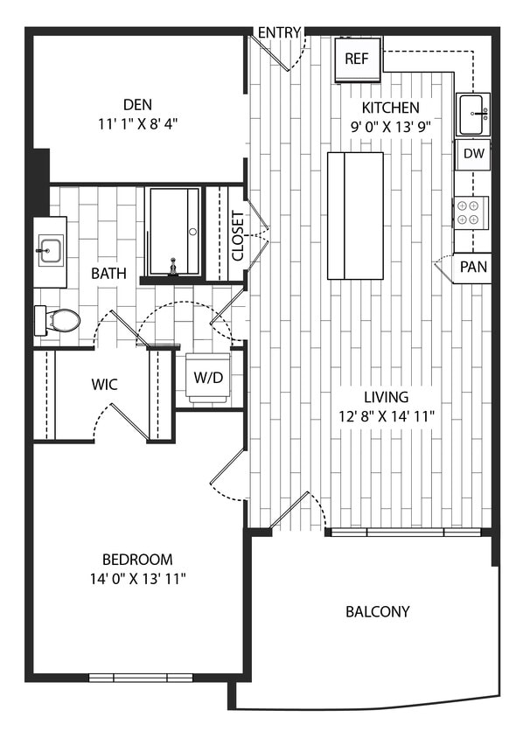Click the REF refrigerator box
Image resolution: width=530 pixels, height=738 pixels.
coord(357,59)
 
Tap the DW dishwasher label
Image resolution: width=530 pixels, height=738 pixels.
coord(473,154)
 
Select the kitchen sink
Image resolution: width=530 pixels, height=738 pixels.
coord(472,114)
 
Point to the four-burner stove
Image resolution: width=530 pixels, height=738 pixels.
coord(470,212)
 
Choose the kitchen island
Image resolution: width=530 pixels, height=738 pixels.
coord(354,214)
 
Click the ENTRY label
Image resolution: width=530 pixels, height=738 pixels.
coord(279,33)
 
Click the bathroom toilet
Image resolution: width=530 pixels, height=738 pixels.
coord(59,320)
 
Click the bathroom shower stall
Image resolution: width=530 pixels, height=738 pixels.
coord(173,230)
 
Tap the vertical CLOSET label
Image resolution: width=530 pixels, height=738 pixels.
coord(237,236)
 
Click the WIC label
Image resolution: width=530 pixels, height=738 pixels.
coord(105,384)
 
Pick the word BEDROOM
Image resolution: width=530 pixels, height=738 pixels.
coord(137,559)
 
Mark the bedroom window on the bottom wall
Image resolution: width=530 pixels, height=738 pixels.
coord(140,677)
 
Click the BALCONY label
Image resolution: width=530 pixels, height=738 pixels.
coord(377,611)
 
